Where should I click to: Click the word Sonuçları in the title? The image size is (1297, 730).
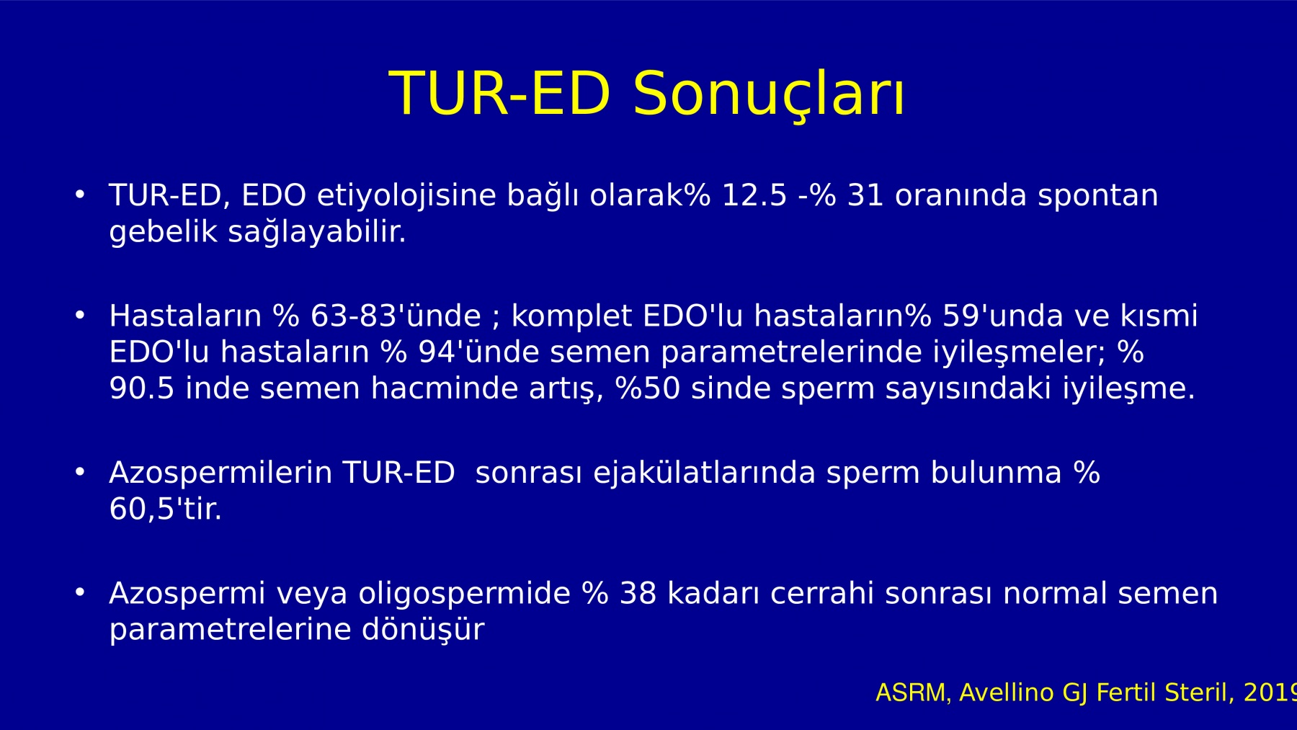tap(769, 94)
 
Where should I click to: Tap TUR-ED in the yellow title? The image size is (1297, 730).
tap(500, 93)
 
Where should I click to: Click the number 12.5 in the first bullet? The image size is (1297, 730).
tap(754, 196)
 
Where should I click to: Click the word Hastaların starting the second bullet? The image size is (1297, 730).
tap(185, 316)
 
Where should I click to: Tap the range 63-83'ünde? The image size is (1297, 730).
tap(395, 316)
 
